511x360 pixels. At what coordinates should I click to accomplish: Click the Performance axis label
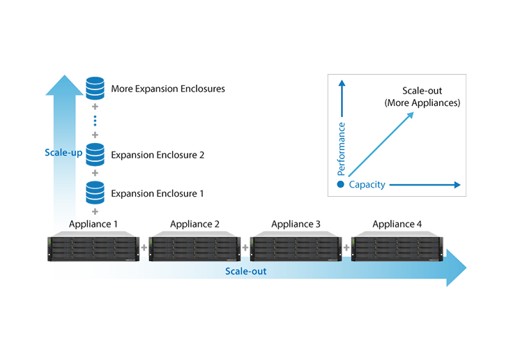[x=342, y=149]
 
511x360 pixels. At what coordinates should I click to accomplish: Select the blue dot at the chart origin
[x=340, y=185]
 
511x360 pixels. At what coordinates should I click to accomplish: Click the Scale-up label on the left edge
[x=60, y=150]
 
